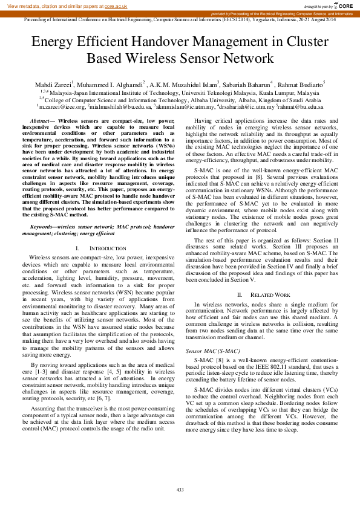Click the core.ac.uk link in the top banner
pyautogui.click(x=116, y=6)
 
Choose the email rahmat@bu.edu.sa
pyautogui.click(x=300, y=106)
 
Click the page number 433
pyautogui.click(x=180, y=490)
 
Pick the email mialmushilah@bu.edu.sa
pyautogui.click(x=119, y=106)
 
